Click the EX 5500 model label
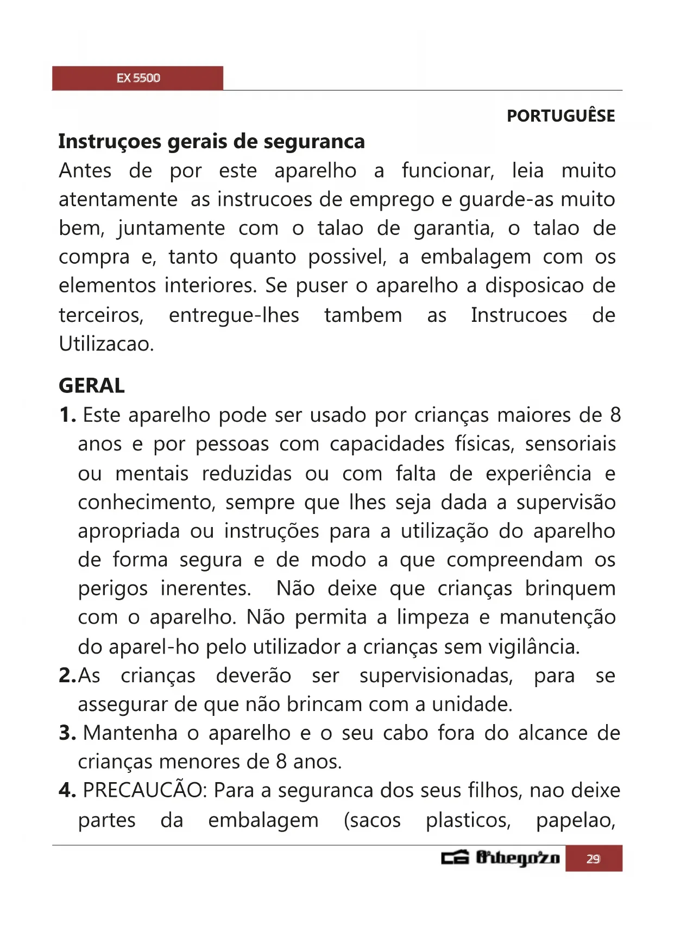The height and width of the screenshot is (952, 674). pyautogui.click(x=138, y=78)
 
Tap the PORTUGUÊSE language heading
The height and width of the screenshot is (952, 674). pyautogui.click(x=560, y=116)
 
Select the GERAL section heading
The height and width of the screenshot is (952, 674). pyautogui.click(x=91, y=386)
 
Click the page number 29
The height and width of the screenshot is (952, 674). pyautogui.click(x=593, y=859)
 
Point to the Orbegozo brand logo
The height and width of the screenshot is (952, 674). pyautogui.click(x=500, y=858)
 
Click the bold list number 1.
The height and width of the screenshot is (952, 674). pyautogui.click(x=67, y=415)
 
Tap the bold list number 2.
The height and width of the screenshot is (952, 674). pyautogui.click(x=67, y=676)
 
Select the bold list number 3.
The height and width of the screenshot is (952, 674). pyautogui.click(x=67, y=733)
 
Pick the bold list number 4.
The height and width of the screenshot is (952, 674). pyautogui.click(x=67, y=790)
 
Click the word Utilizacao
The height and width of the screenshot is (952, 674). pyautogui.click(x=106, y=344)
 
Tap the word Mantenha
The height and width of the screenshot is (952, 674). pyautogui.click(x=130, y=733)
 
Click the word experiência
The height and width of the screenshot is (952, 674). pyautogui.click(x=538, y=474)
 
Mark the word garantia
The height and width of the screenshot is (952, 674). pyautogui.click(x=453, y=229)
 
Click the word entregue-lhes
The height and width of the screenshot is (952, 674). pyautogui.click(x=234, y=315)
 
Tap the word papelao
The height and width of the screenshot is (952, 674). pyautogui.click(x=575, y=820)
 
